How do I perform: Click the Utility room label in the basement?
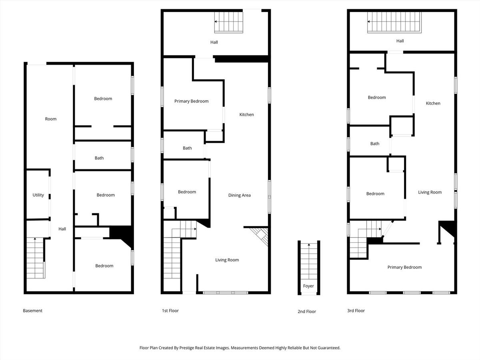38,195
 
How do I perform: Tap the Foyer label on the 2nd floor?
308,286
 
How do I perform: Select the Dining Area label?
240,195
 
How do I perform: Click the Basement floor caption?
32,311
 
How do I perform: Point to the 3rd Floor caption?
356,311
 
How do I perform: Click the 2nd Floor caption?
307,312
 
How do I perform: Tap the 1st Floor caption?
170,311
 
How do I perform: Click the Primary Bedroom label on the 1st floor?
191,101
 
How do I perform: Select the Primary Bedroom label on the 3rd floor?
404,267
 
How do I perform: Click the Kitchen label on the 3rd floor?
433,103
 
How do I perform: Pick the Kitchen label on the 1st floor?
246,114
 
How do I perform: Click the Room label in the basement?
51,119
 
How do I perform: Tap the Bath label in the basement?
99,158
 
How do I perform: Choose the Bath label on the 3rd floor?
374,144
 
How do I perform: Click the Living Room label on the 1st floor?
227,260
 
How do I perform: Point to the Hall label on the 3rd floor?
400,41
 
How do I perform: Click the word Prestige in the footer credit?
186,348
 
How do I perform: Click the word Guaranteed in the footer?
329,348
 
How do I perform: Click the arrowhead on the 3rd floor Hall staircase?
369,22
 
